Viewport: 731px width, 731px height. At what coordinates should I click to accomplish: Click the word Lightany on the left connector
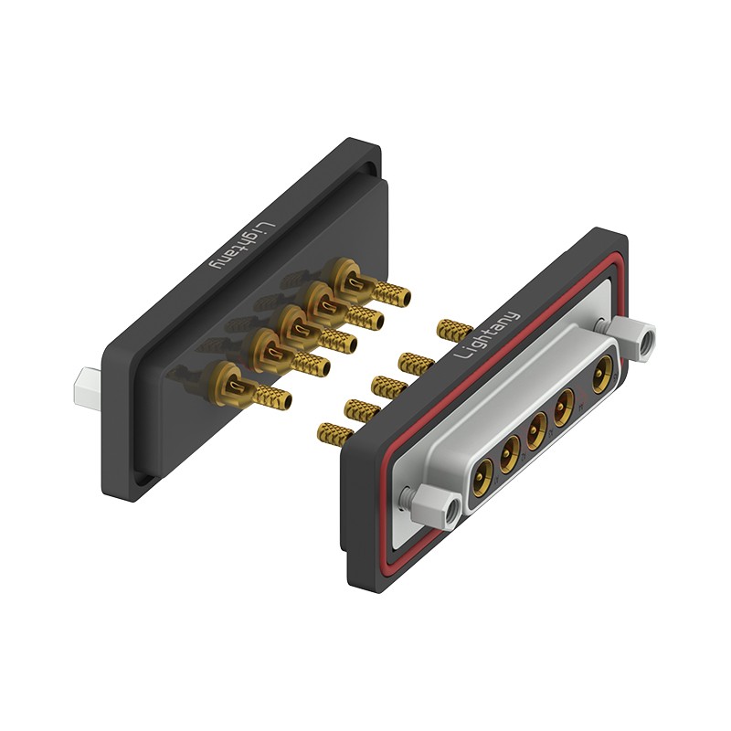[x=243, y=246]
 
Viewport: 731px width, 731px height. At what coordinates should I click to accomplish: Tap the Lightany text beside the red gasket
[x=486, y=335]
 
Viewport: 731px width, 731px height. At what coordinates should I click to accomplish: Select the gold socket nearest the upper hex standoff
[x=603, y=371]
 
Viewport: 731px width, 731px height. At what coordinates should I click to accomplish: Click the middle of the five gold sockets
[x=537, y=428]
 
